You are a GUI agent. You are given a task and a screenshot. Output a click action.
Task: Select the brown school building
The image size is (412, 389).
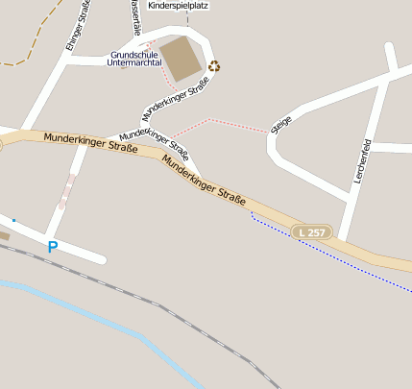coord(181,59)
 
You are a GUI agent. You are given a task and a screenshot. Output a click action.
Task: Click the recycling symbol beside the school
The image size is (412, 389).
coord(213,66)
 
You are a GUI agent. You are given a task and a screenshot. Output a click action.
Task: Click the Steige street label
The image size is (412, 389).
coord(281,125)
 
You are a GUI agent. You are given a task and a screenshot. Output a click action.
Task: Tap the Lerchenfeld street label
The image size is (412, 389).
coord(363,163)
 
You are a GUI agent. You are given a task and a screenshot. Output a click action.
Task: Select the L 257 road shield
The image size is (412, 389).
coord(313,232)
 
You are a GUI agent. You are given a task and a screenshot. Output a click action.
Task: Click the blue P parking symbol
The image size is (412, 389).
coord(52,247)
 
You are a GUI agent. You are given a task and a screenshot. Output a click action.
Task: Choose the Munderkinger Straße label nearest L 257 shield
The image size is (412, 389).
coord(205,182)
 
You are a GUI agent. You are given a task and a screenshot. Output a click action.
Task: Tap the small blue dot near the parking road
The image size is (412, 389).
coord(13,221)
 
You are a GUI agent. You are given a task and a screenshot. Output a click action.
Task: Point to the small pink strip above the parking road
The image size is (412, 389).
coord(65,192)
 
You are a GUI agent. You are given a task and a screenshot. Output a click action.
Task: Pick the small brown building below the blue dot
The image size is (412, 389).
coord(4,235)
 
